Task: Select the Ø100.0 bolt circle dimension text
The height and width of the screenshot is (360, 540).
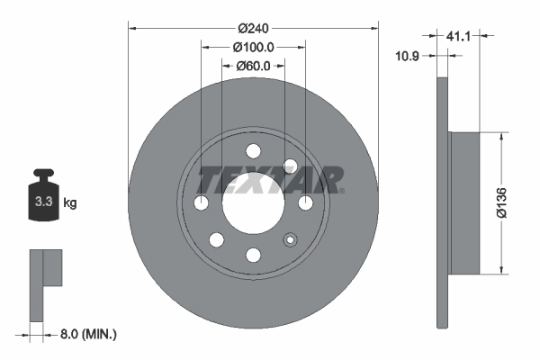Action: click(x=253, y=47)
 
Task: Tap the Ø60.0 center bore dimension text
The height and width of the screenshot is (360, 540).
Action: click(x=253, y=65)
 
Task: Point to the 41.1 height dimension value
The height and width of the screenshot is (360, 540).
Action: click(x=458, y=36)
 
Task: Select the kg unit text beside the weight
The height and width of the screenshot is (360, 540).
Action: click(x=69, y=203)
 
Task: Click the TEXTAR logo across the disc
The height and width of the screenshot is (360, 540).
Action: click(x=270, y=181)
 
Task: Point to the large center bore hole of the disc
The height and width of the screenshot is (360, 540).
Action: click(x=253, y=202)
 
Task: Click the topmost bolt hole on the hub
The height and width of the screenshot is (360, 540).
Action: click(x=253, y=149)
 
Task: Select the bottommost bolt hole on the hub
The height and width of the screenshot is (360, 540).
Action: click(x=253, y=256)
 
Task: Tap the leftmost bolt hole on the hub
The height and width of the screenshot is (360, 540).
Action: click(x=200, y=202)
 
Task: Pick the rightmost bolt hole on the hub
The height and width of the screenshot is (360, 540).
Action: click(x=306, y=202)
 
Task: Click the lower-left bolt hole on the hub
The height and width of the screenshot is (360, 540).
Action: click(x=216, y=239)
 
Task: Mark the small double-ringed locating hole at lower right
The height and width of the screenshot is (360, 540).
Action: click(x=290, y=239)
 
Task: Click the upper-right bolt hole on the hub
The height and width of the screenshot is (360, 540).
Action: click(x=290, y=166)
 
